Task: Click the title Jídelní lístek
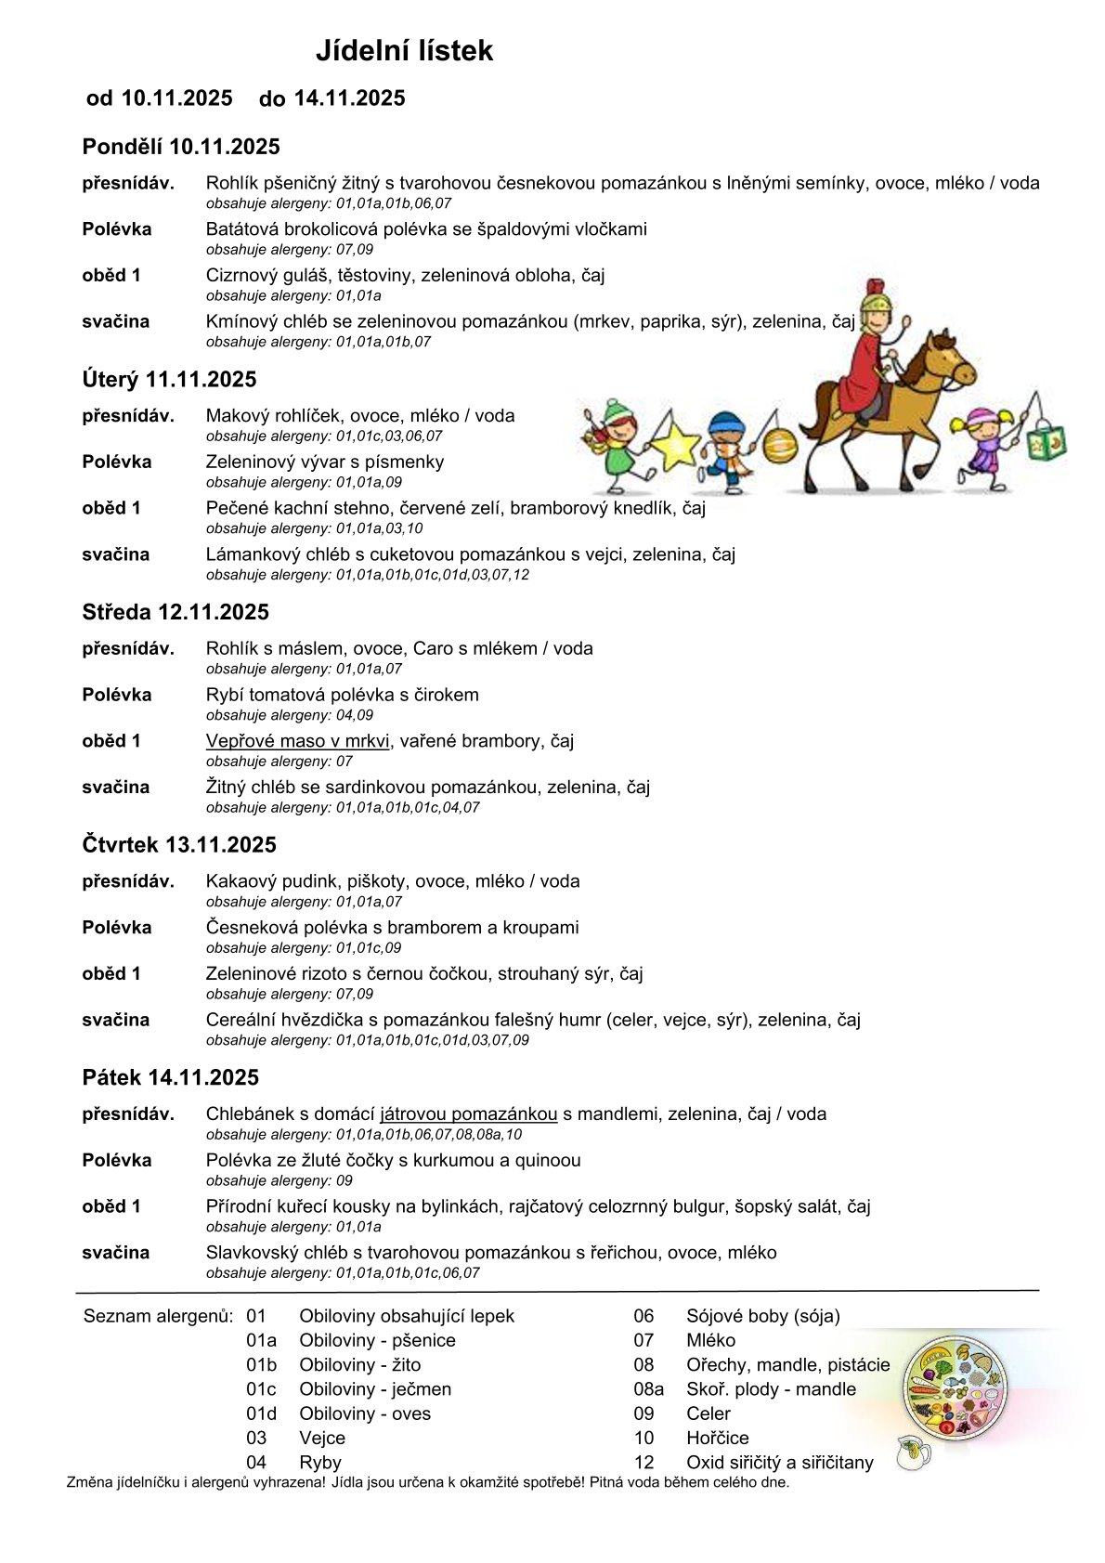point(404,50)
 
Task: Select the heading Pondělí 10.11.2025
point(181,147)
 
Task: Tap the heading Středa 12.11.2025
point(175,612)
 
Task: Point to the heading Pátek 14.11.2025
point(171,1077)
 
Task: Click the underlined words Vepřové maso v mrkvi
point(298,741)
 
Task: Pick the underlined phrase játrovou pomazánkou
point(469,1114)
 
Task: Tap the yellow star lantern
point(675,445)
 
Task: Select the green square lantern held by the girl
point(1046,442)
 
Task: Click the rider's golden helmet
point(874,304)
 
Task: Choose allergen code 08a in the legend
point(648,1389)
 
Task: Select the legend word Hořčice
point(718,1438)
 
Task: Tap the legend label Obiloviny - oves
point(365,1413)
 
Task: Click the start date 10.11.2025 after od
point(176,98)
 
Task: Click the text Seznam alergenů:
point(159,1316)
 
